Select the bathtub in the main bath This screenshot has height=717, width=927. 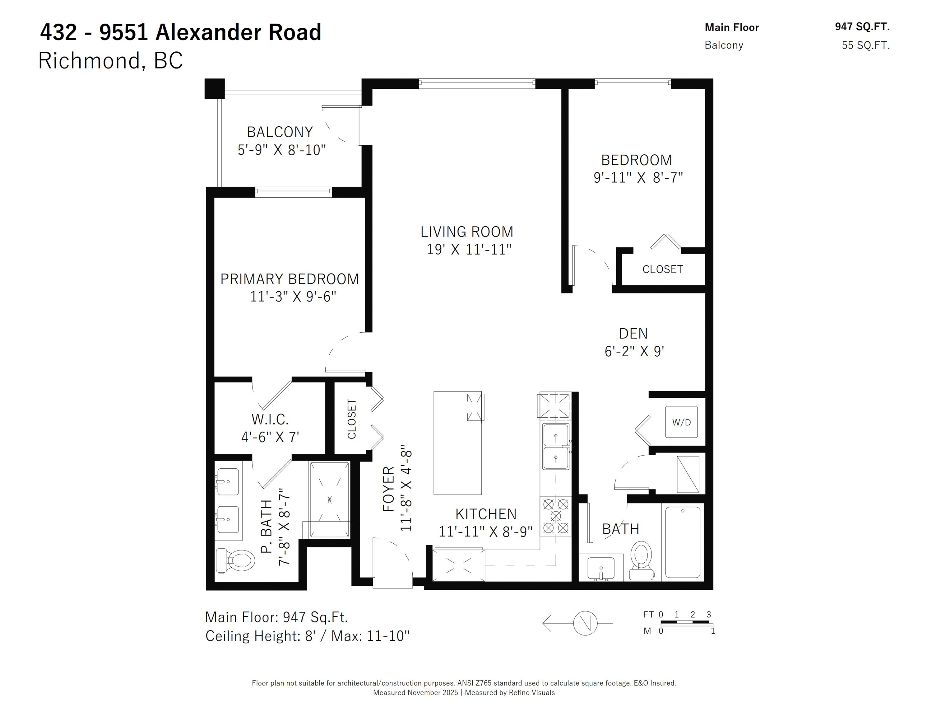click(683, 542)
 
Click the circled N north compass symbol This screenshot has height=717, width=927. click(585, 623)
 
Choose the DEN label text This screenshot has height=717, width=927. click(633, 333)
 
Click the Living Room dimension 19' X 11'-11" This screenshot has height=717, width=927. click(469, 249)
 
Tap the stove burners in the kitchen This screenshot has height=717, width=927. click(556, 516)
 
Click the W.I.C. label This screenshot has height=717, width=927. click(270, 419)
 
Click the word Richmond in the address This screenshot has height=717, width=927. click(89, 60)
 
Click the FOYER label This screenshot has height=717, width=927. click(389, 489)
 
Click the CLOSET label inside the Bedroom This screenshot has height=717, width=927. click(663, 269)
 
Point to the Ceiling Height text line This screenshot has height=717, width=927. click(307, 636)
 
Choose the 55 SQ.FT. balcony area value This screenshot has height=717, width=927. click(866, 45)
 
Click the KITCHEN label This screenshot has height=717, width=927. click(486, 514)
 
